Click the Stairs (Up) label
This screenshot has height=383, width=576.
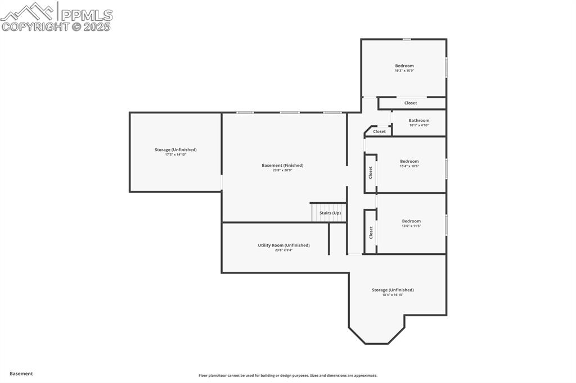(330, 213)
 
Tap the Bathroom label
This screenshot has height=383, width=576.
(419, 120)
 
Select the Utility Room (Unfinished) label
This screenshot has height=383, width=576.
(283, 245)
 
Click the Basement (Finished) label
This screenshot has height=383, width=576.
(282, 165)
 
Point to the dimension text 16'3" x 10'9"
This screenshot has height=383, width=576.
(404, 71)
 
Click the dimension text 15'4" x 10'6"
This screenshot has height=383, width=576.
(409, 166)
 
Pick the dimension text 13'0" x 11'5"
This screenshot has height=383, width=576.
(411, 226)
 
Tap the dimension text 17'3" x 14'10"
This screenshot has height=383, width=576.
(175, 154)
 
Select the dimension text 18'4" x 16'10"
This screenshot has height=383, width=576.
(393, 295)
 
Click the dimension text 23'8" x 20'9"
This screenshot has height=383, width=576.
(282, 170)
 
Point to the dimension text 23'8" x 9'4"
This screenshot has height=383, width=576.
(283, 250)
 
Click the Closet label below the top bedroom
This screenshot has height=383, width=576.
(411, 103)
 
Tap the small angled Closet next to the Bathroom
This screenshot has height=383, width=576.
(380, 131)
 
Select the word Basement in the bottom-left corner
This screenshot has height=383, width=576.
(21, 373)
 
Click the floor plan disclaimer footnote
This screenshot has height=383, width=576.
(288, 376)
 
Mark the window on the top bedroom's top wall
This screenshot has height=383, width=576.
(406, 39)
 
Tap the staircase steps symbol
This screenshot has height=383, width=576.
(319, 213)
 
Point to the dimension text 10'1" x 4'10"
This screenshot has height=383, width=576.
(419, 125)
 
